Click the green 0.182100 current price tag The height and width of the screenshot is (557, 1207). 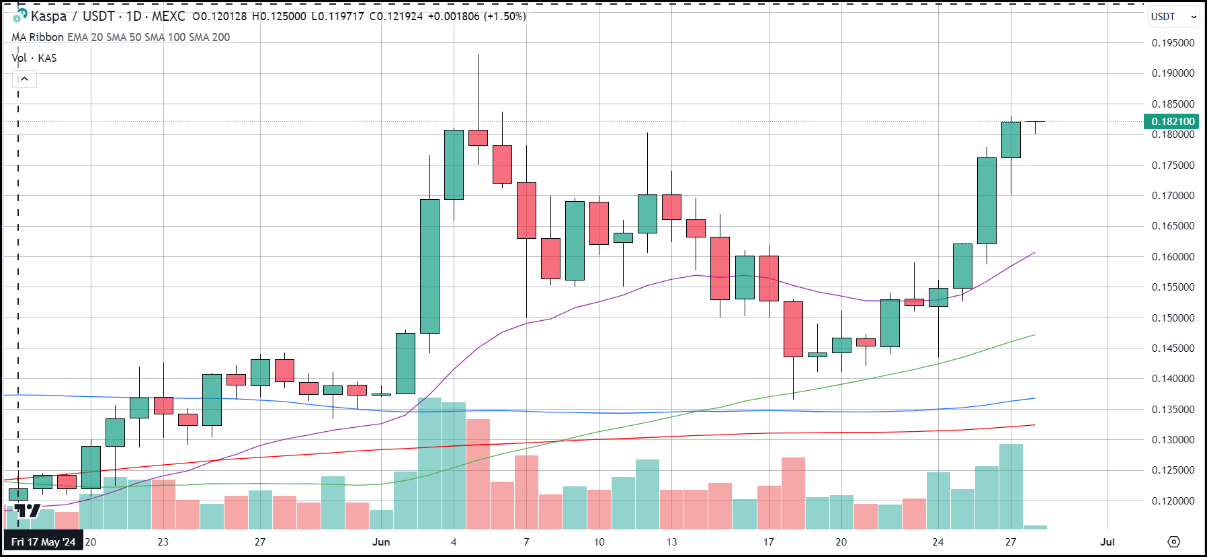point(1173,122)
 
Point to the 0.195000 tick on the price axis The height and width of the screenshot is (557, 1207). point(1173,43)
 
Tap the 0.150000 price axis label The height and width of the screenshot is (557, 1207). point(1173,318)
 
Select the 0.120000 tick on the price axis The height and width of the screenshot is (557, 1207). point(1173,501)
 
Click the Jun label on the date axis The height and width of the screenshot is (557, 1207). point(381,542)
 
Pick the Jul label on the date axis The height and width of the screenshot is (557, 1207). point(1107,542)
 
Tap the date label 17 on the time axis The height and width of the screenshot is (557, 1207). point(768,542)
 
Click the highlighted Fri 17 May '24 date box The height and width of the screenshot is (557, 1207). point(43,542)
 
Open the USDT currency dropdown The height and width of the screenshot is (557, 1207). point(1173,17)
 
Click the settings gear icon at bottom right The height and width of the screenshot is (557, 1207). point(1173,542)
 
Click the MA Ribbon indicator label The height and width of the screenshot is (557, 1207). point(38,37)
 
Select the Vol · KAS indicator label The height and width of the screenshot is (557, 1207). point(34,58)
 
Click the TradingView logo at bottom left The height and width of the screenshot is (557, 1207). point(28,511)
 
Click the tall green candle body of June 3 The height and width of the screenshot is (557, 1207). point(429,266)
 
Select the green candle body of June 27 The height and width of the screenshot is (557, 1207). point(1011,140)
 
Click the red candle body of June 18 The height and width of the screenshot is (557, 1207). point(793,329)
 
